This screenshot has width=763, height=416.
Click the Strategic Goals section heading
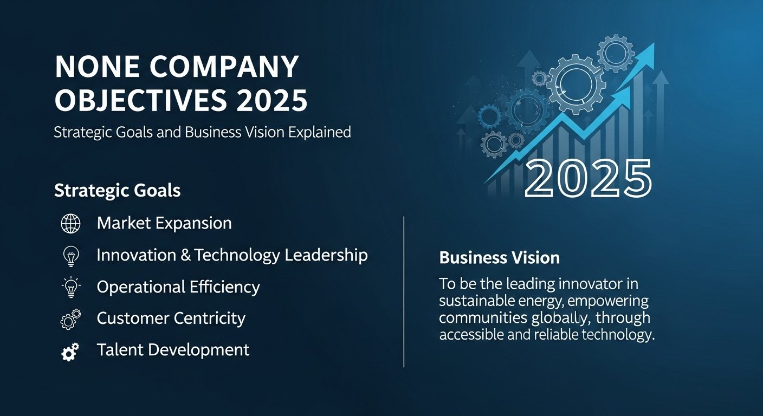(117, 191)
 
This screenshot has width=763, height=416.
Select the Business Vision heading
(499, 257)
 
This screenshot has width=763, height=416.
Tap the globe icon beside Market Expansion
(70, 223)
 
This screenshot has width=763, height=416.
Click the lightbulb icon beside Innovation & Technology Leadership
(70, 255)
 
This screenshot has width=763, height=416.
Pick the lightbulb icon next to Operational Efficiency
(70, 287)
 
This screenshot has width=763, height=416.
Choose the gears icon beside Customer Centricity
(70, 319)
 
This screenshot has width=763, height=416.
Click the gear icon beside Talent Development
(70, 352)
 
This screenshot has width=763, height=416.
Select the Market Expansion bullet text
(164, 223)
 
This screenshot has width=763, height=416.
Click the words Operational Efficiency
(178, 287)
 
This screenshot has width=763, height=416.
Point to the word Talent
(119, 350)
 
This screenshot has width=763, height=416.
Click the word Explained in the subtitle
(319, 132)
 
